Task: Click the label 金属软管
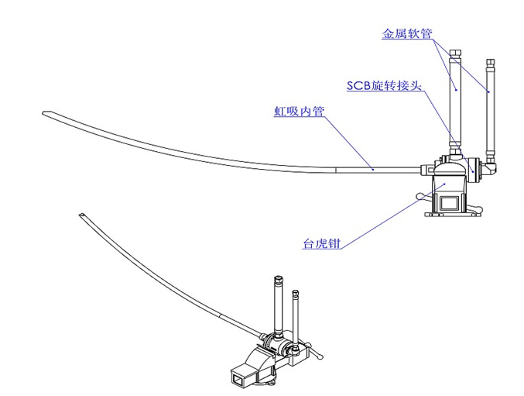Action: (x=406, y=35)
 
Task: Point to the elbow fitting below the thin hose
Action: (x=490, y=165)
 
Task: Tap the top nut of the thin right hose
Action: (x=489, y=61)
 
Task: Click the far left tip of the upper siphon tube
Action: (x=46, y=115)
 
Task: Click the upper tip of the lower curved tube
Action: (x=82, y=215)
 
